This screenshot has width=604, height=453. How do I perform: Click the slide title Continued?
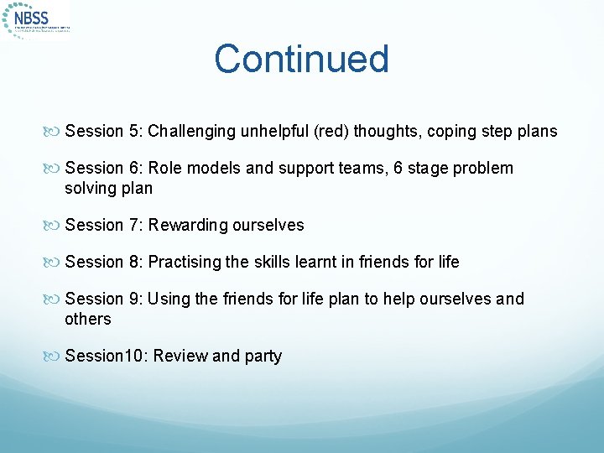tap(301, 60)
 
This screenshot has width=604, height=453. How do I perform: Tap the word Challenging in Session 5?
tap(189, 131)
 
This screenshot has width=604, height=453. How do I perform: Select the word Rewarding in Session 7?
tap(188, 225)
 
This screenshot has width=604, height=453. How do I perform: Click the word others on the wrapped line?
tap(87, 319)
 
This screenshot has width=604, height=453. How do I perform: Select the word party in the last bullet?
tap(263, 356)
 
